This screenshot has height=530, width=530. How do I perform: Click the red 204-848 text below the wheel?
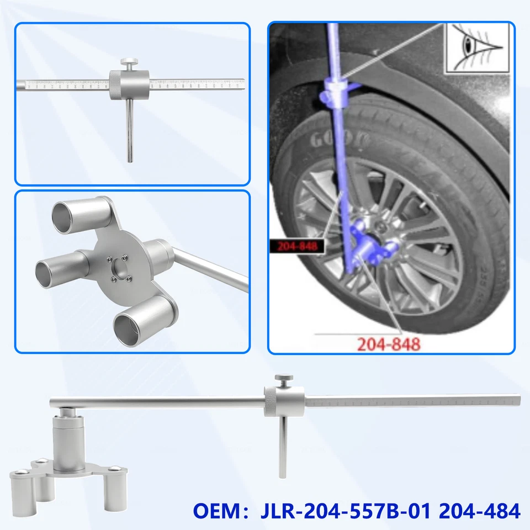click(x=388, y=344)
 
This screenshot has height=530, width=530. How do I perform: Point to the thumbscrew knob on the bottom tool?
click(x=283, y=380)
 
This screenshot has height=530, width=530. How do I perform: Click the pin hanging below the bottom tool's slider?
click(x=284, y=447)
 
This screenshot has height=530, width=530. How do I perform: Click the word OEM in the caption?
click(x=213, y=511)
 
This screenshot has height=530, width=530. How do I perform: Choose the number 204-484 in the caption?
click(x=479, y=511)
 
